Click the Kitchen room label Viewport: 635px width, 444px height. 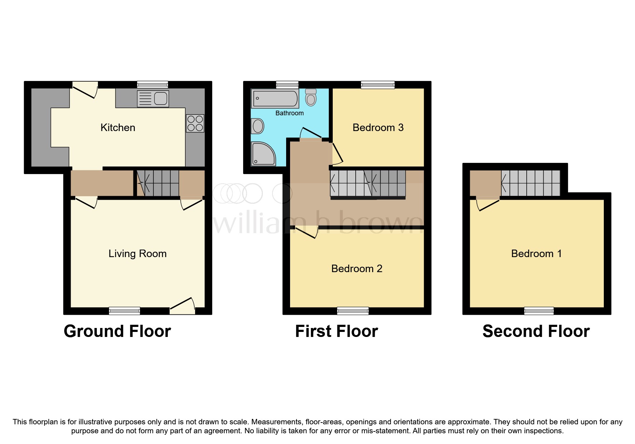pos(118,127)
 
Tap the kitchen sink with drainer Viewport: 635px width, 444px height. pos(153,99)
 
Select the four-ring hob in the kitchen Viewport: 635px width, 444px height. pos(195,123)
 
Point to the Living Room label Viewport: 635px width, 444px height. pos(137,254)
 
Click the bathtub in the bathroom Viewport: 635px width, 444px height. pos(275,98)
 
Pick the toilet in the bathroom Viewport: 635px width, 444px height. pos(311,97)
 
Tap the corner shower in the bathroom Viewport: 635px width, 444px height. pos(263,154)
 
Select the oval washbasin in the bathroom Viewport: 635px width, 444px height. pos(257,126)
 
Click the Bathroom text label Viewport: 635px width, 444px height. pos(289,113)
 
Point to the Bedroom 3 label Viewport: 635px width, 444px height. pos(378,127)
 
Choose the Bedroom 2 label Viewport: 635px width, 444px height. pos(357,269)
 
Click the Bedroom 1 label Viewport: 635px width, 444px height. pos(536,254)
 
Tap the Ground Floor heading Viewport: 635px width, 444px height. pos(117,331)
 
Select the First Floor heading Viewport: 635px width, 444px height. pos(336,331)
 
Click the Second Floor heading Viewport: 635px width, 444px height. pos(536,331)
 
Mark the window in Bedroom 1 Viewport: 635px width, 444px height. pos(539,311)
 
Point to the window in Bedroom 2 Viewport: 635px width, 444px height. pos(353,311)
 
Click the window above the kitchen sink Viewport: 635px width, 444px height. pos(152,85)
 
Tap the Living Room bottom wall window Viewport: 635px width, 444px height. pos(124,311)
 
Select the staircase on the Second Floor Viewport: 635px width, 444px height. pos(530,183)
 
